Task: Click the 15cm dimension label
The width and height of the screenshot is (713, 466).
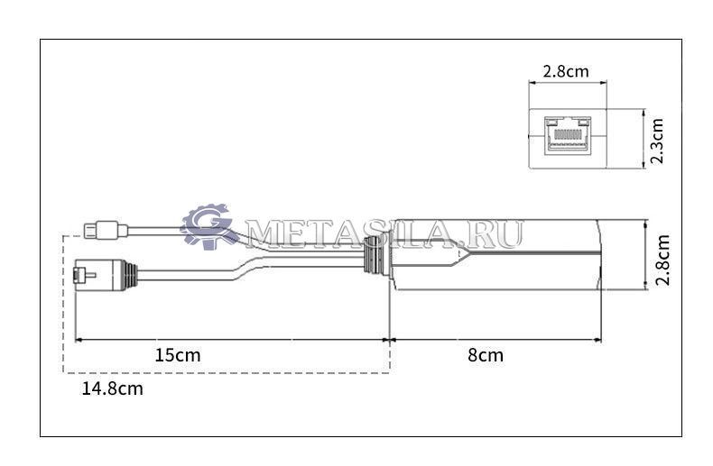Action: (x=177, y=355)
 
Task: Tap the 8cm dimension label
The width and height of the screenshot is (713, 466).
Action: (x=486, y=355)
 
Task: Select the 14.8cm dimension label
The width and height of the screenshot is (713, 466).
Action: (x=112, y=388)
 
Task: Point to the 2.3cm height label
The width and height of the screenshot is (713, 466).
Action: (x=657, y=141)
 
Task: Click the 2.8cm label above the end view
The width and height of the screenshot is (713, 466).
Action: (x=566, y=71)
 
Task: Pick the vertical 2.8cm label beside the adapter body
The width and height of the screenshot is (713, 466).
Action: (x=662, y=260)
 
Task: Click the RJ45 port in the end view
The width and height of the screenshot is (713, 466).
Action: (x=568, y=135)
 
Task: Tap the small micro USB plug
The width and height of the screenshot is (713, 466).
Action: (x=106, y=230)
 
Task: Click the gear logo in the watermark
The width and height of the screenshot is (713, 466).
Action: (x=207, y=226)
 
